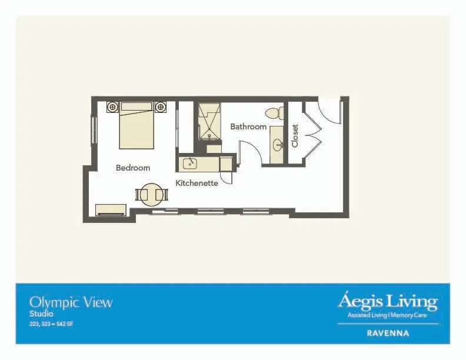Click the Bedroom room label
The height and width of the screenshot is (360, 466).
point(133,168)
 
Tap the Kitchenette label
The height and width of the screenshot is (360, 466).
point(197,183)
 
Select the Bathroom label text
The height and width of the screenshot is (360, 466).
point(248,127)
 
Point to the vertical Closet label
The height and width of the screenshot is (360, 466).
point(295,136)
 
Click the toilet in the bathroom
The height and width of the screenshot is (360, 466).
point(275,114)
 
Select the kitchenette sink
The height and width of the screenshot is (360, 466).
point(190,163)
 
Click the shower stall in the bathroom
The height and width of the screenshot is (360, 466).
point(210,121)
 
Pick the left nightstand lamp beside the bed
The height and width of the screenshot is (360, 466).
point(112,106)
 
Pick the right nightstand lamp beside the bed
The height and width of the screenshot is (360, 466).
point(161,106)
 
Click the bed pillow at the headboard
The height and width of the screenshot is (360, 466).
point(137,106)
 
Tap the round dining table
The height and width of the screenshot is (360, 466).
point(152,195)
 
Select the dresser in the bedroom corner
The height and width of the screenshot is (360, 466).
point(111,209)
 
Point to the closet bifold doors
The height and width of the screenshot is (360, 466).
point(312,133)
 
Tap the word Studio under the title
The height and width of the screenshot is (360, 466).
point(41,314)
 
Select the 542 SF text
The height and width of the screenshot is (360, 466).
point(65,324)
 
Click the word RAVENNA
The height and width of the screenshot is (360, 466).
point(388,334)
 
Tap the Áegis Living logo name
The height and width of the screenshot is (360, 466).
point(388,302)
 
